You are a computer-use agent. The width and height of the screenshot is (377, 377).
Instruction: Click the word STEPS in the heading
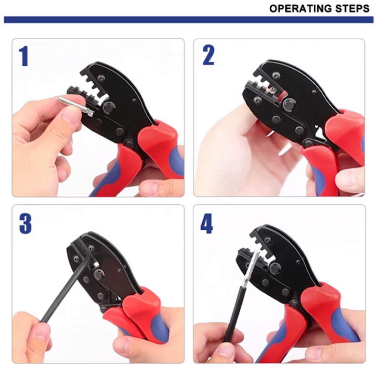(x=353, y=8)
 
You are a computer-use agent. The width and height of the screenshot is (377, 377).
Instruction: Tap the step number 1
(x=24, y=56)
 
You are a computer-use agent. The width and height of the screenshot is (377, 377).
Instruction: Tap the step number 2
(x=208, y=56)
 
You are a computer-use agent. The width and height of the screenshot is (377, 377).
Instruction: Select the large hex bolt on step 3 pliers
(x=97, y=275)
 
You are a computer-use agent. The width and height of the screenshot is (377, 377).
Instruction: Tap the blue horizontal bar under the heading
(x=188, y=19)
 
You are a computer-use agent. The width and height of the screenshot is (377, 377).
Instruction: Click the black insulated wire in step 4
(x=236, y=314)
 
